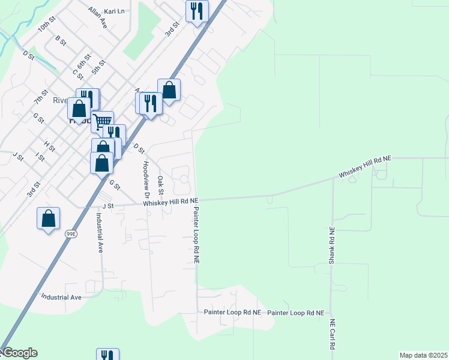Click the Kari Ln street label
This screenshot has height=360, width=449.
click(x=114, y=11)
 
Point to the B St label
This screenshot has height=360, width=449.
click(x=60, y=40)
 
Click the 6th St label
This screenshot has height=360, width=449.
click(x=83, y=61)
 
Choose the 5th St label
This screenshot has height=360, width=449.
click(x=98, y=67)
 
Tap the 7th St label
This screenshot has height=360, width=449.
click(x=41, y=96)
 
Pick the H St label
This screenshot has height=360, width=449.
click(x=49, y=146)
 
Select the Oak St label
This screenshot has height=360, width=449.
click(x=160, y=185)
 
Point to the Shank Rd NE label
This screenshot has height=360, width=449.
click(x=331, y=246)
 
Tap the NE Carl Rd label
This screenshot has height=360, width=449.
click(x=331, y=335)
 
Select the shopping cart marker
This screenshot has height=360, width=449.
click(x=103, y=121)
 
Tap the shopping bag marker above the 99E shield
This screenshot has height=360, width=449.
click(x=49, y=218)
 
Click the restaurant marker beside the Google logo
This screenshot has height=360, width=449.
click(x=107, y=355)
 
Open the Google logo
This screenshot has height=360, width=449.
click(x=19, y=353)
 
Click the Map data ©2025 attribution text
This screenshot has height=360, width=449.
click(x=423, y=355)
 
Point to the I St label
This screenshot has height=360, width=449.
click(x=40, y=157)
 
